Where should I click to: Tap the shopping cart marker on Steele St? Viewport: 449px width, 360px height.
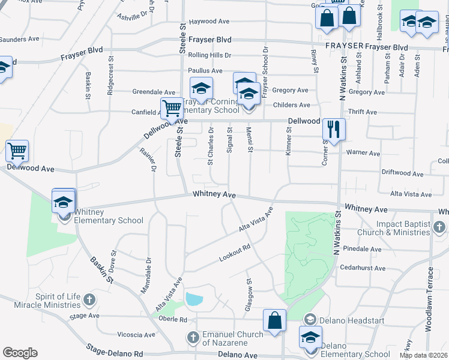click(172, 109)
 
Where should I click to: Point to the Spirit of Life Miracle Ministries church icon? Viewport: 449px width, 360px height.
click(89, 299)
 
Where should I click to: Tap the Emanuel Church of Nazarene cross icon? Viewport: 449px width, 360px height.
click(193, 337)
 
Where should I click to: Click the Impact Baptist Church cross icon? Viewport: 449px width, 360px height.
click(440, 227)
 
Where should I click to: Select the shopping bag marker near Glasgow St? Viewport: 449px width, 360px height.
click(274, 320)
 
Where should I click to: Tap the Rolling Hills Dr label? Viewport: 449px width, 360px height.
click(209, 55)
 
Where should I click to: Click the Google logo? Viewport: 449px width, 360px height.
click(20, 353)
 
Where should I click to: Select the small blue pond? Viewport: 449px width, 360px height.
click(194, 298)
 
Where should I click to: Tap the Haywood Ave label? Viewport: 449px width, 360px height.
click(209, 22)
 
